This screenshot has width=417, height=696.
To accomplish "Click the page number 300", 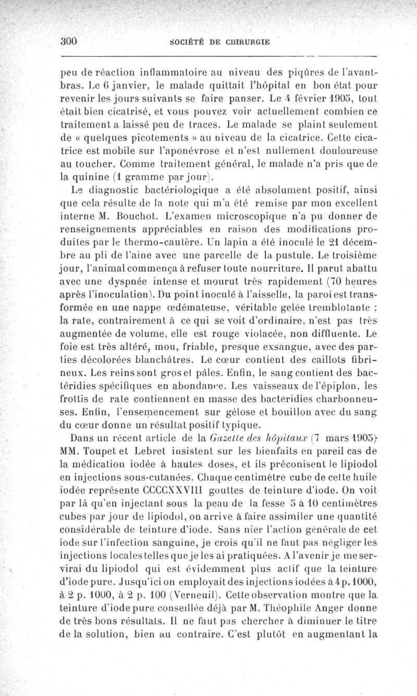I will [69, 43].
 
